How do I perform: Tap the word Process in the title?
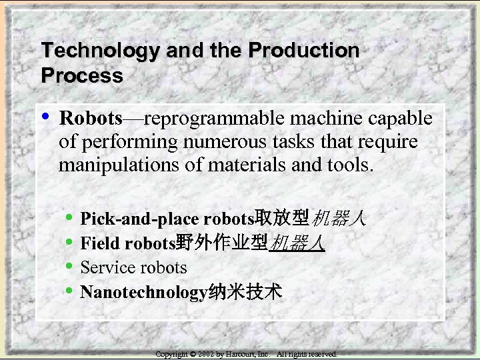click(x=82, y=75)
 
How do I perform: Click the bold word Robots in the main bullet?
click(x=90, y=119)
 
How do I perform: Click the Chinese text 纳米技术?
click(x=245, y=292)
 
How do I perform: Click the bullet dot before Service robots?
click(x=71, y=267)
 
